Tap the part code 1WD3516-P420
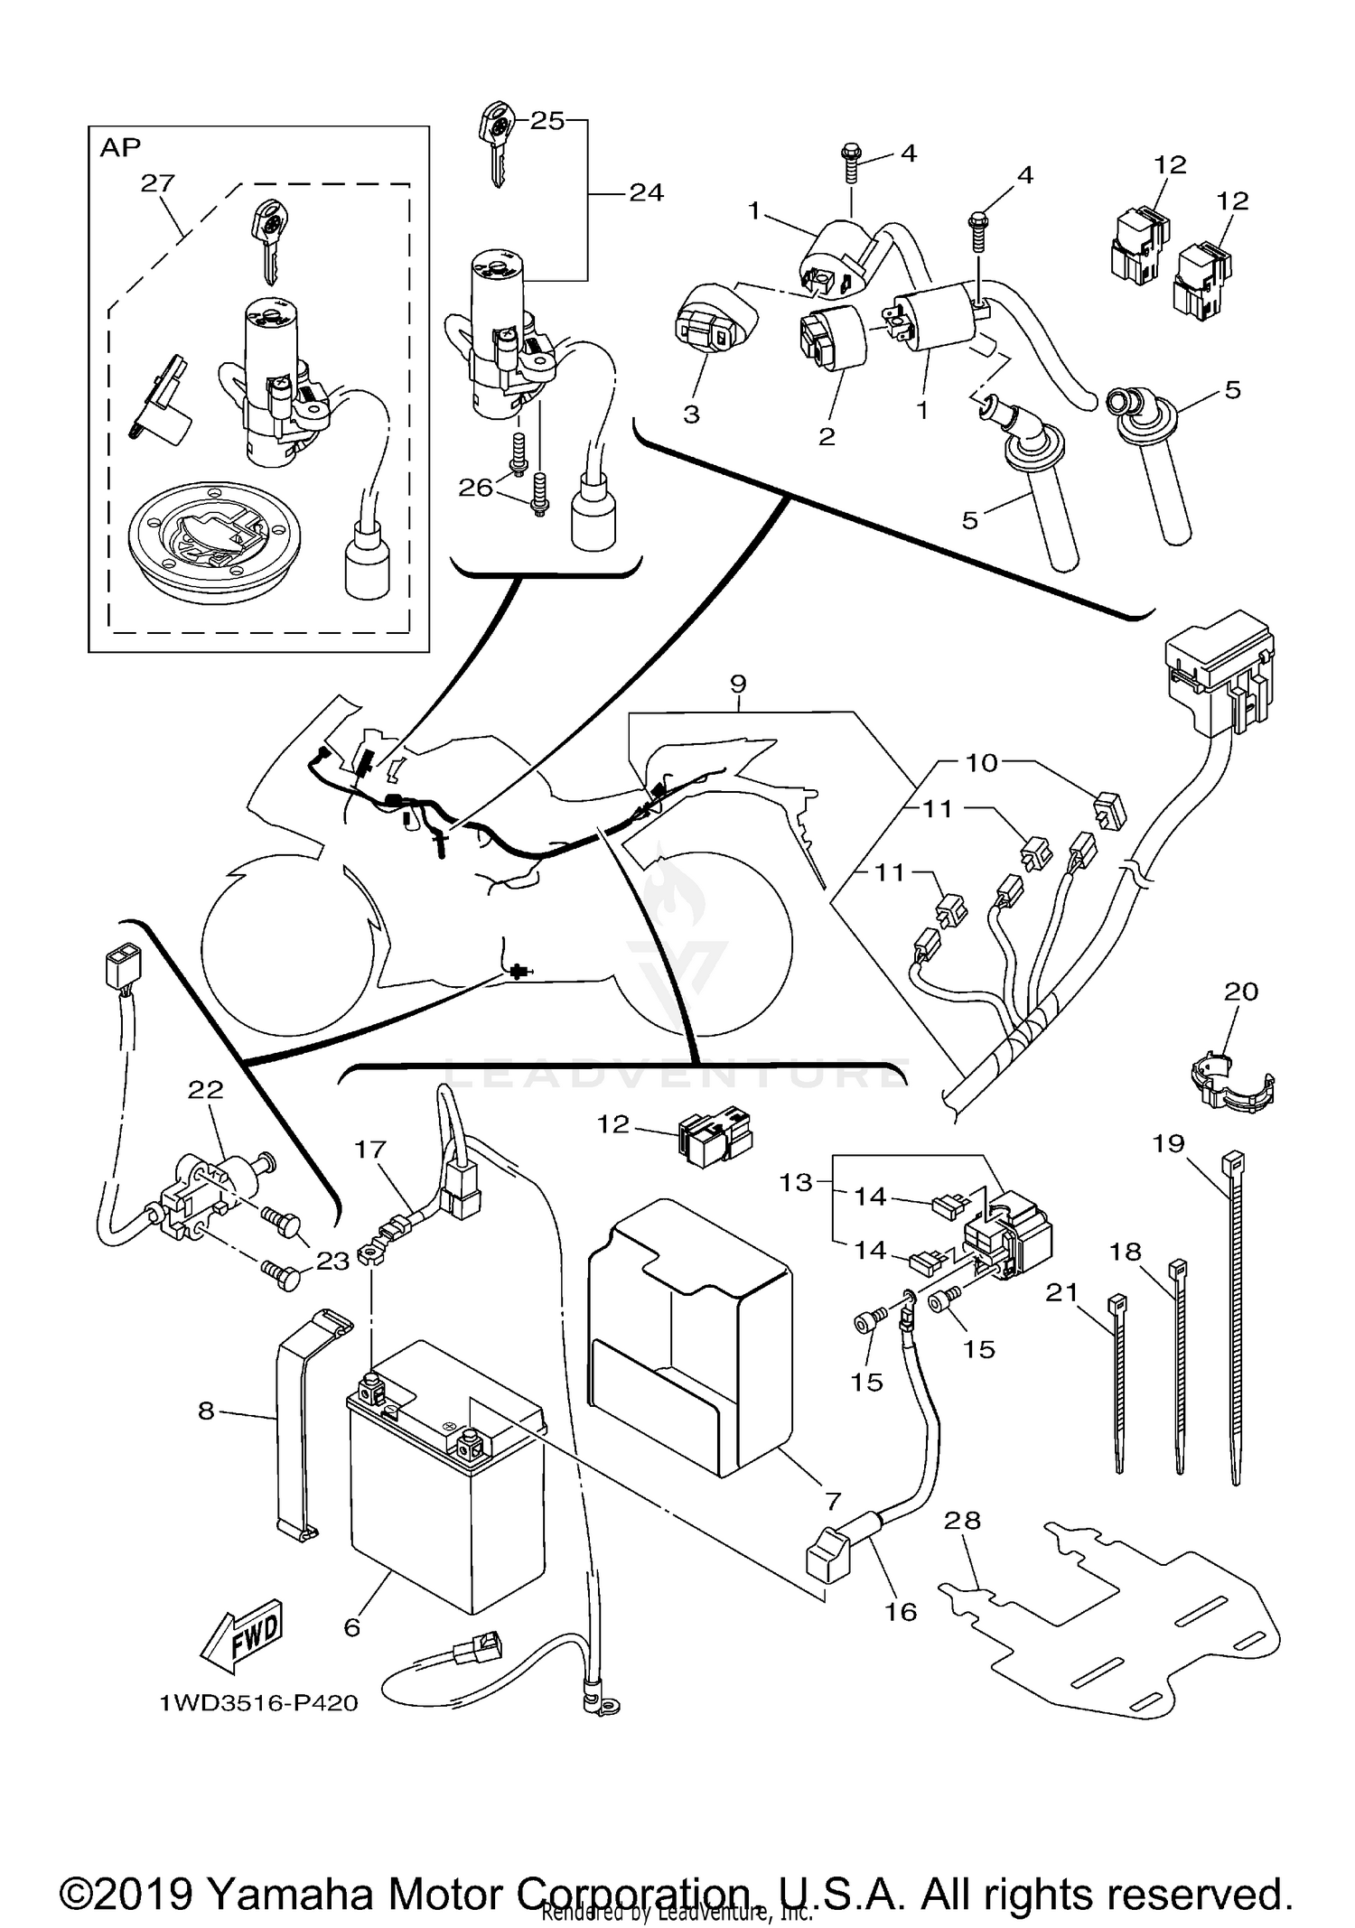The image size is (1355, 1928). click(258, 1703)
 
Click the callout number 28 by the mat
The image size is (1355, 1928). click(962, 1520)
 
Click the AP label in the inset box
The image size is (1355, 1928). click(120, 147)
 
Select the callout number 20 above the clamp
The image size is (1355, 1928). click(1240, 992)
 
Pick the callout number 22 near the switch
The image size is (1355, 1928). click(205, 1090)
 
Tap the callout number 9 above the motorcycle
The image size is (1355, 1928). click(738, 684)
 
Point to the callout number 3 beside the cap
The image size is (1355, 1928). click(691, 414)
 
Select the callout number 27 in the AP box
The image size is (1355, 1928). click(157, 183)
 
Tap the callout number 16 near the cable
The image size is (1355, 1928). click(901, 1612)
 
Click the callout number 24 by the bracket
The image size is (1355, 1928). click(646, 192)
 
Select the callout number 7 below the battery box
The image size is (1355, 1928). click(832, 1501)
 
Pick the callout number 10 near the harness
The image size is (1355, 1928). click(981, 762)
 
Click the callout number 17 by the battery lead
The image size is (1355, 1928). click(370, 1149)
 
